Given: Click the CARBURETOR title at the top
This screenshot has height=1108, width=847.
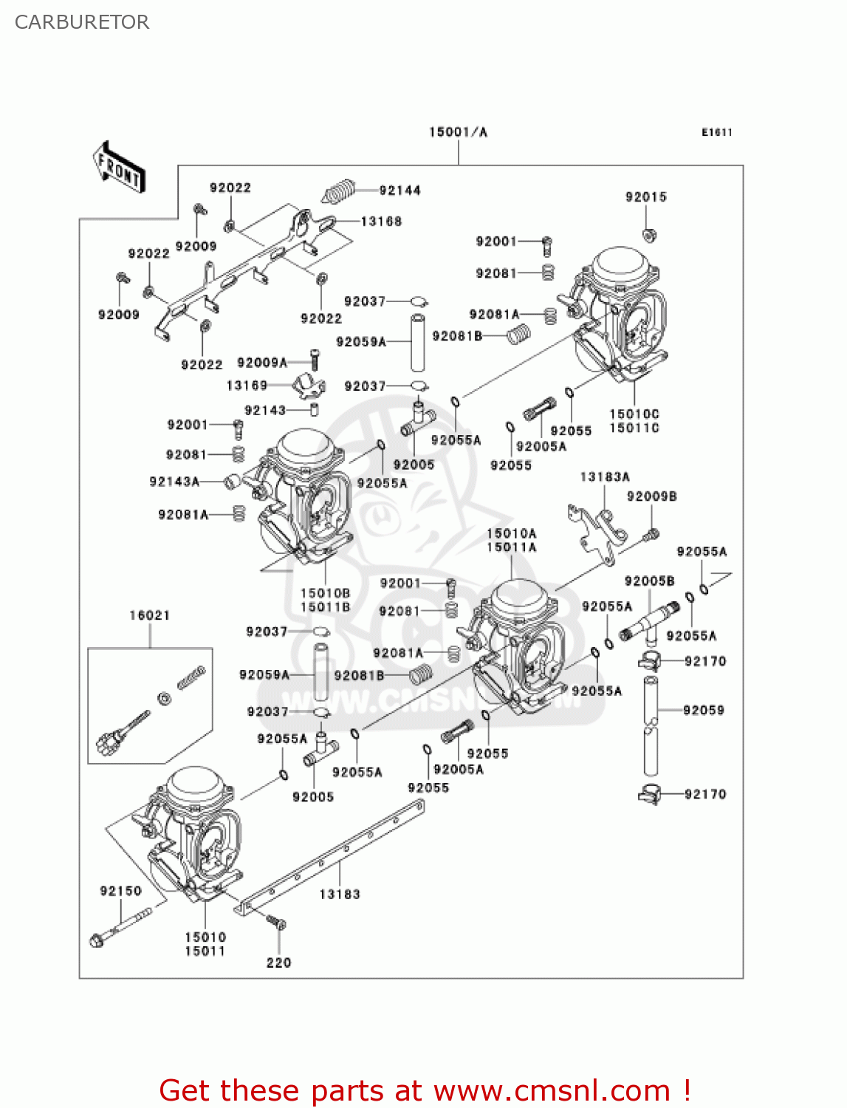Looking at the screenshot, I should pos(82,22).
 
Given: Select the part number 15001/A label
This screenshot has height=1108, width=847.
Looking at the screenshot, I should pos(458,132).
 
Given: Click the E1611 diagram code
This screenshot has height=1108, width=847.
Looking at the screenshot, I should pos(716,132).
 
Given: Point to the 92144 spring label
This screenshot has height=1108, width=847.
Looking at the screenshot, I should pos(400,191).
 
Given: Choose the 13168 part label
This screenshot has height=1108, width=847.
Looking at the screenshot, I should pos(381,221).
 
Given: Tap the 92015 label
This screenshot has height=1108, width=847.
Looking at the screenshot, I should pos(645,196).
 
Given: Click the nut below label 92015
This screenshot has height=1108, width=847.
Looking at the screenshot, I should pos(650,236).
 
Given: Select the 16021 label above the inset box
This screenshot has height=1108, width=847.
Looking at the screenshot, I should pos(150,615).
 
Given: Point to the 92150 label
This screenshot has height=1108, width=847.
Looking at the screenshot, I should pos(120,891).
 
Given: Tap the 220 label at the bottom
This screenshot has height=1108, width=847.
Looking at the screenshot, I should pos(278,962).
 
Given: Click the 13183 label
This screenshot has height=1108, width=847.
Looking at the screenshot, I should pos(340,894).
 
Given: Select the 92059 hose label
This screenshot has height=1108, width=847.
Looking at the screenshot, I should pos(703,710).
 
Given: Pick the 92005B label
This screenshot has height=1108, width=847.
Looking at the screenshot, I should pos(649,581).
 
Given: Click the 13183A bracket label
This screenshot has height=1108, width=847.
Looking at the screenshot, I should pos(605,477).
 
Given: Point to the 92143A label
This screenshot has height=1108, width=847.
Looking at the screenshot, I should pos(174,482).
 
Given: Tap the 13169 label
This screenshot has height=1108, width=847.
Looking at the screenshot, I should pos(247,385).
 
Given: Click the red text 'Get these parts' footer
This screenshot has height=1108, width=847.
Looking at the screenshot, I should pos(425,1090).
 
